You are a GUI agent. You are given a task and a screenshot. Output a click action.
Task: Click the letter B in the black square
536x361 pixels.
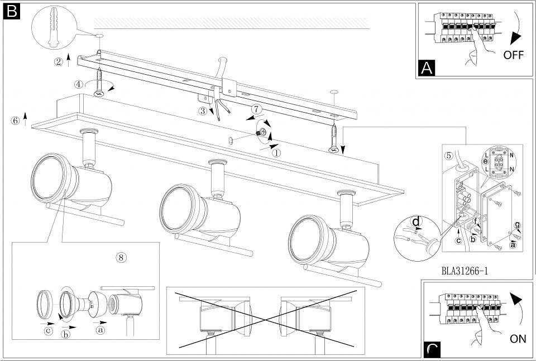click(11, 12)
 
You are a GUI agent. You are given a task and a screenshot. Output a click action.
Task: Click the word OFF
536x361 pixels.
click(513, 55)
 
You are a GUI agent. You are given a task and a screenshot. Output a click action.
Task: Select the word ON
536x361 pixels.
click(518, 339)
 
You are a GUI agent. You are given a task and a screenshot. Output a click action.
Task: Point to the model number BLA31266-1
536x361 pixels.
click(465, 271)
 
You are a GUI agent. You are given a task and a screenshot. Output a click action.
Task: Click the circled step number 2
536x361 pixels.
click(59, 62)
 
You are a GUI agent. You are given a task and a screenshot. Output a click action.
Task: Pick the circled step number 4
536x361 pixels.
click(79, 84)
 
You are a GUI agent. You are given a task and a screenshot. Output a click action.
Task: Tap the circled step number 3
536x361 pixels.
click(203, 110)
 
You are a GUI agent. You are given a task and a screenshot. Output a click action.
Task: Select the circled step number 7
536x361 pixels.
click(256, 109)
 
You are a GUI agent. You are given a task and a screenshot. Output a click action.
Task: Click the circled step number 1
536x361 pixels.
click(276, 153)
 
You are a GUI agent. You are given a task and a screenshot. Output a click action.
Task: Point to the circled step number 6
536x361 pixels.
click(15, 121)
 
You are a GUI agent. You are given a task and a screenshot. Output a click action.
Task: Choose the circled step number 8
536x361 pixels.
click(121, 257)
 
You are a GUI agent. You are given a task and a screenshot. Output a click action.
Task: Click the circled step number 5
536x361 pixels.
click(449, 156)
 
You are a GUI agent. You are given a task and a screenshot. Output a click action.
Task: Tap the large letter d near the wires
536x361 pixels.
click(416, 222)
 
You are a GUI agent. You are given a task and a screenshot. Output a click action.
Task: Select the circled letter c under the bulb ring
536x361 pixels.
click(49, 331)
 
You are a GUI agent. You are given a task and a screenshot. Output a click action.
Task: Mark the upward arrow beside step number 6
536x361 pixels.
click(25, 118)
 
